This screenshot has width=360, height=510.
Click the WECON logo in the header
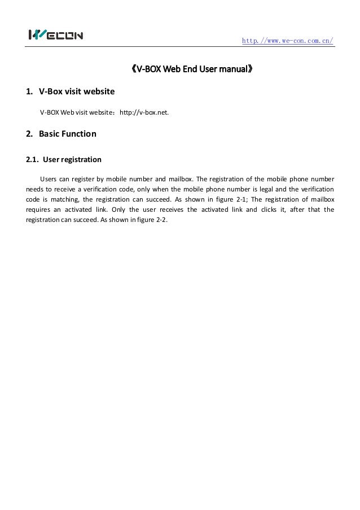coord(56,36)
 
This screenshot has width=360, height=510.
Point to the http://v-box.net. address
coord(144,112)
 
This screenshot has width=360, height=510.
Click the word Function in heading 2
coord(79,134)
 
